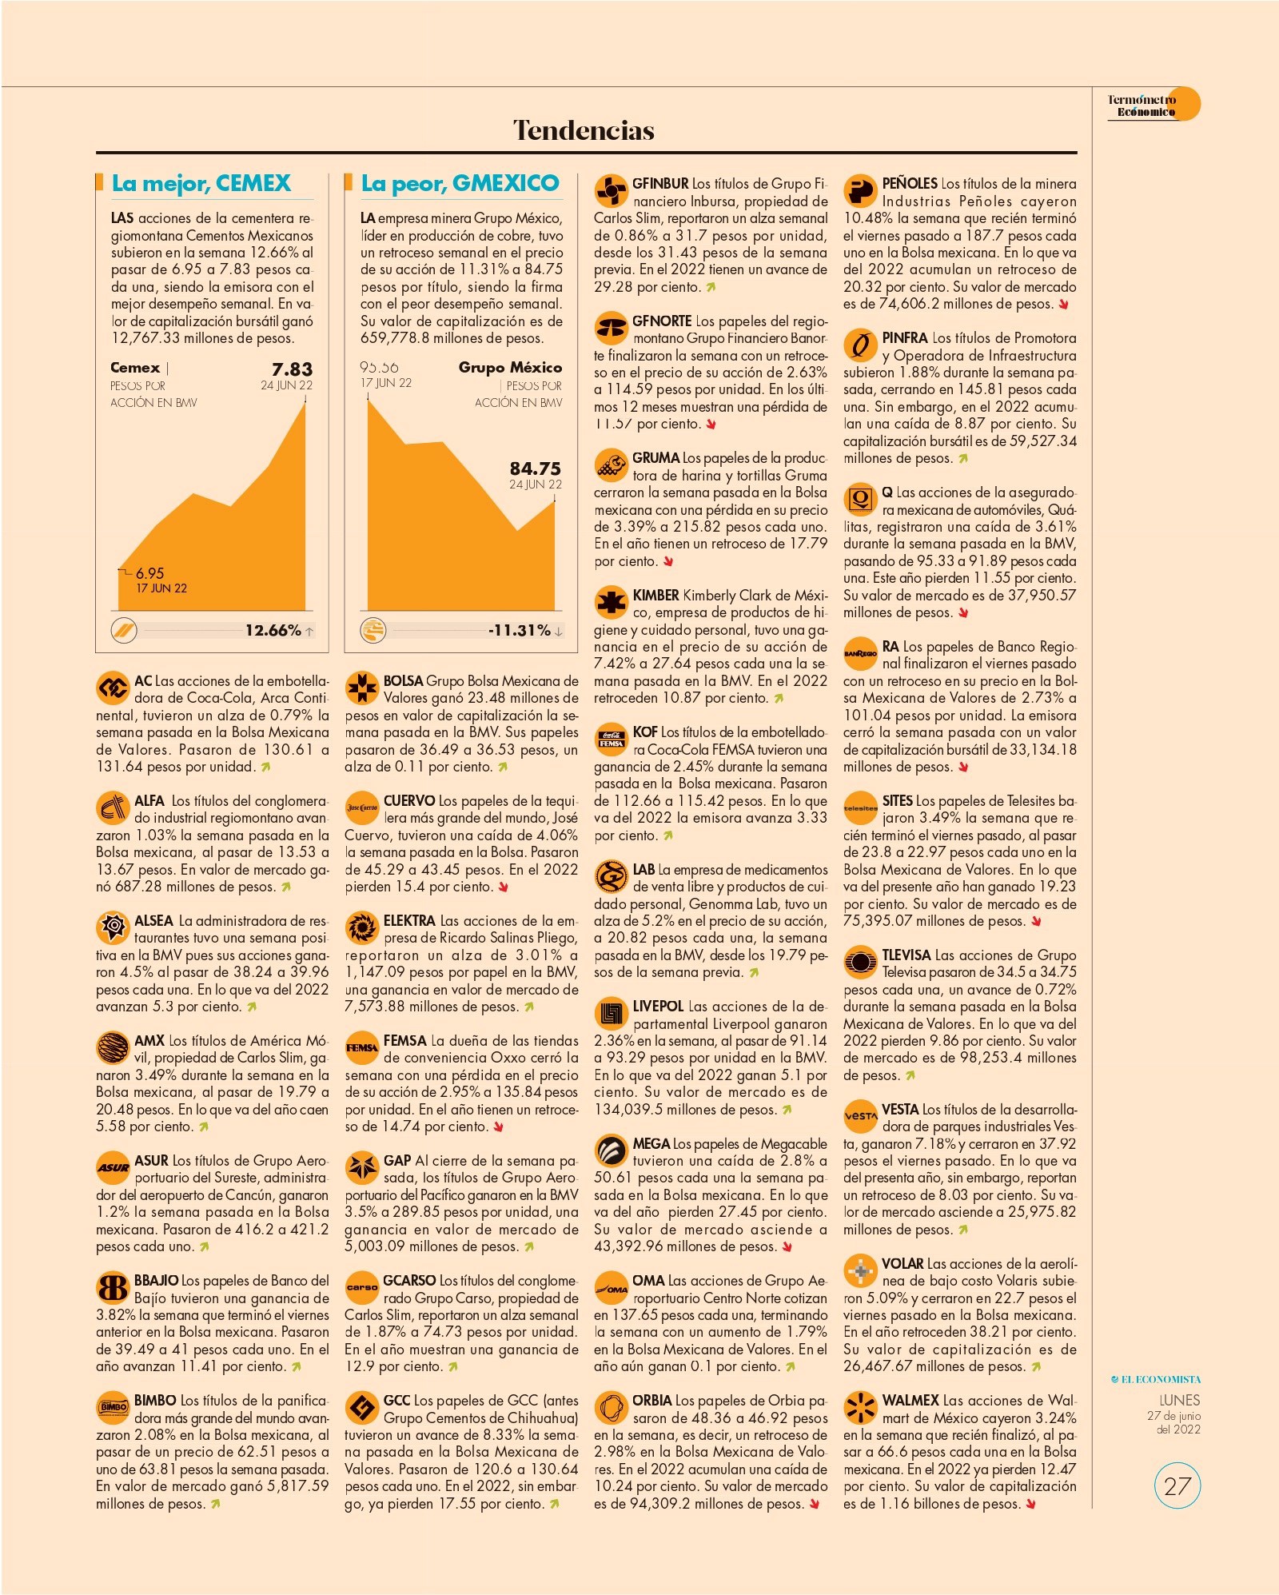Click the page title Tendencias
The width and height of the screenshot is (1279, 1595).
click(x=584, y=130)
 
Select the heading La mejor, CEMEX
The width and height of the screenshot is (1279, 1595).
click(x=201, y=183)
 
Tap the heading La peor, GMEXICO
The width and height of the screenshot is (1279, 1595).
click(x=460, y=183)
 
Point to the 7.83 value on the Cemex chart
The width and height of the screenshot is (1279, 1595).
click(x=292, y=369)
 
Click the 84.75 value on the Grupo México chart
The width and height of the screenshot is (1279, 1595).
click(x=536, y=469)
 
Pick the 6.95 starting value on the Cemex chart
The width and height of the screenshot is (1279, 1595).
click(x=149, y=573)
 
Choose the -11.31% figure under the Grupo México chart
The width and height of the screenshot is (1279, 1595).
click(x=520, y=630)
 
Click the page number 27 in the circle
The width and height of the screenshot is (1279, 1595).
click(x=1177, y=1486)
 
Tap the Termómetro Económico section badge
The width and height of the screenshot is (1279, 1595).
click(x=1152, y=105)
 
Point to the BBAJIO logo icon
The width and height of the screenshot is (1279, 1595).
click(x=112, y=1288)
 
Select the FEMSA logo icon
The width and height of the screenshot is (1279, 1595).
click(x=361, y=1048)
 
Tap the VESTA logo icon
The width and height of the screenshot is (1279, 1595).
click(x=860, y=1116)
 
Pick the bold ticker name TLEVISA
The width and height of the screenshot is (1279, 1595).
click(x=906, y=955)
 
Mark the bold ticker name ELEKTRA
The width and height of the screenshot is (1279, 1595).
click(x=409, y=921)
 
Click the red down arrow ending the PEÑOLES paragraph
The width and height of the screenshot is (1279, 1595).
click(x=1063, y=305)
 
